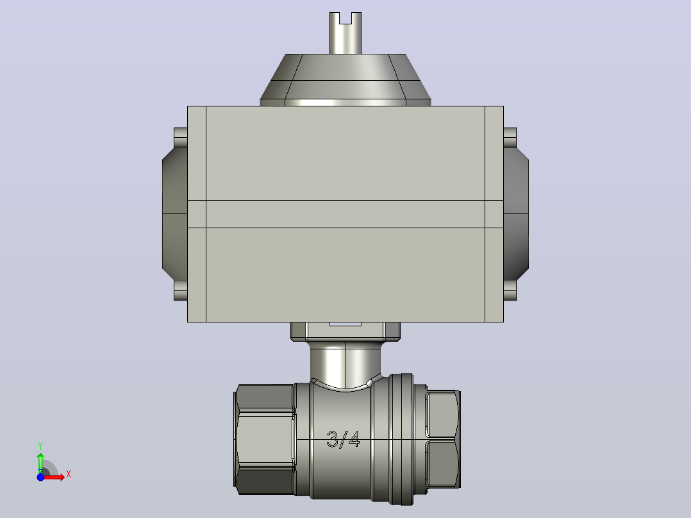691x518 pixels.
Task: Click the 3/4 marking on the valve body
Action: tap(343, 439)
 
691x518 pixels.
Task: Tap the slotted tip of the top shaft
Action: tap(345, 19)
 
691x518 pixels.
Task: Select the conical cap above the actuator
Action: tap(345, 80)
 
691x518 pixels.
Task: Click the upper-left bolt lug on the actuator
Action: tap(181, 138)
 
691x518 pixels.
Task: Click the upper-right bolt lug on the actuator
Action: tap(510, 138)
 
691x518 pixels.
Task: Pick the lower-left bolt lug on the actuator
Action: tap(181, 290)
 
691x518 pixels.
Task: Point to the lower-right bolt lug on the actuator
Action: tap(510, 290)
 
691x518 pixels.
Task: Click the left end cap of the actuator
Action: tap(175, 214)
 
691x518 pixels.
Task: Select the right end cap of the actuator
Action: tap(516, 214)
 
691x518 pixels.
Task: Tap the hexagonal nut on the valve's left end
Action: tap(264, 439)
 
